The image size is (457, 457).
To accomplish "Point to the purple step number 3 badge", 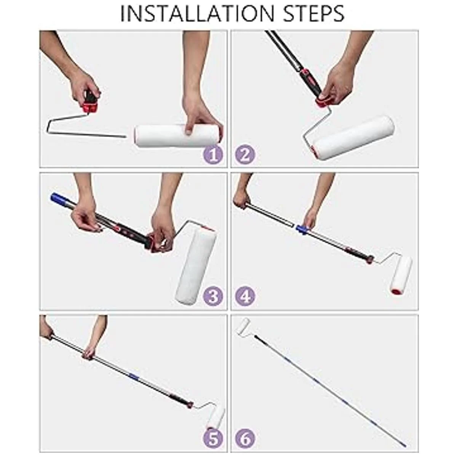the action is (x=213, y=296).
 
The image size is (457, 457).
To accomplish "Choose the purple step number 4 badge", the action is (x=245, y=296).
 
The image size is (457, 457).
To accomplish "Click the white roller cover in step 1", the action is (x=178, y=136).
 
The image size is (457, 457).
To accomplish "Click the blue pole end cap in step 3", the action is (x=56, y=199).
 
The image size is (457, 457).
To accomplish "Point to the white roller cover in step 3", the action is (x=196, y=266).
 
